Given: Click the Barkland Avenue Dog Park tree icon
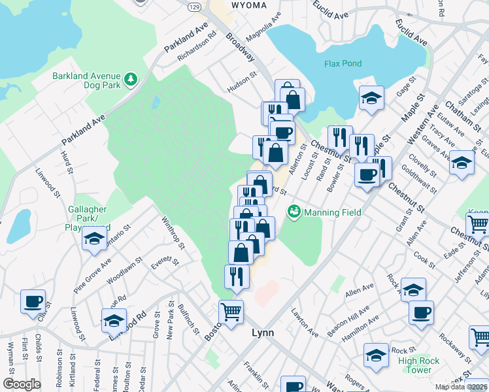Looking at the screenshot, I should [131, 79].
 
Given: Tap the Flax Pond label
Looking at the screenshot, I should [342, 63].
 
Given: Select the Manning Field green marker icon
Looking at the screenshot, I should [294, 212].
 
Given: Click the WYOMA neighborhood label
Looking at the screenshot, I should [249, 5].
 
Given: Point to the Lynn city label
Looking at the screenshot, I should [263, 333].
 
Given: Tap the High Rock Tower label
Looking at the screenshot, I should [414, 365].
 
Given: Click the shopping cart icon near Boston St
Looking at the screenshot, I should [231, 312].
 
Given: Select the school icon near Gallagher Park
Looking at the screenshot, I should [95, 238].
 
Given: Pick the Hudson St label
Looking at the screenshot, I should [242, 83].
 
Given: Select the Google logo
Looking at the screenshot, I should [22, 384].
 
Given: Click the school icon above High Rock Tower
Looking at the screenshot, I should [413, 288].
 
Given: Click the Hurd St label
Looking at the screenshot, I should [66, 159].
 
